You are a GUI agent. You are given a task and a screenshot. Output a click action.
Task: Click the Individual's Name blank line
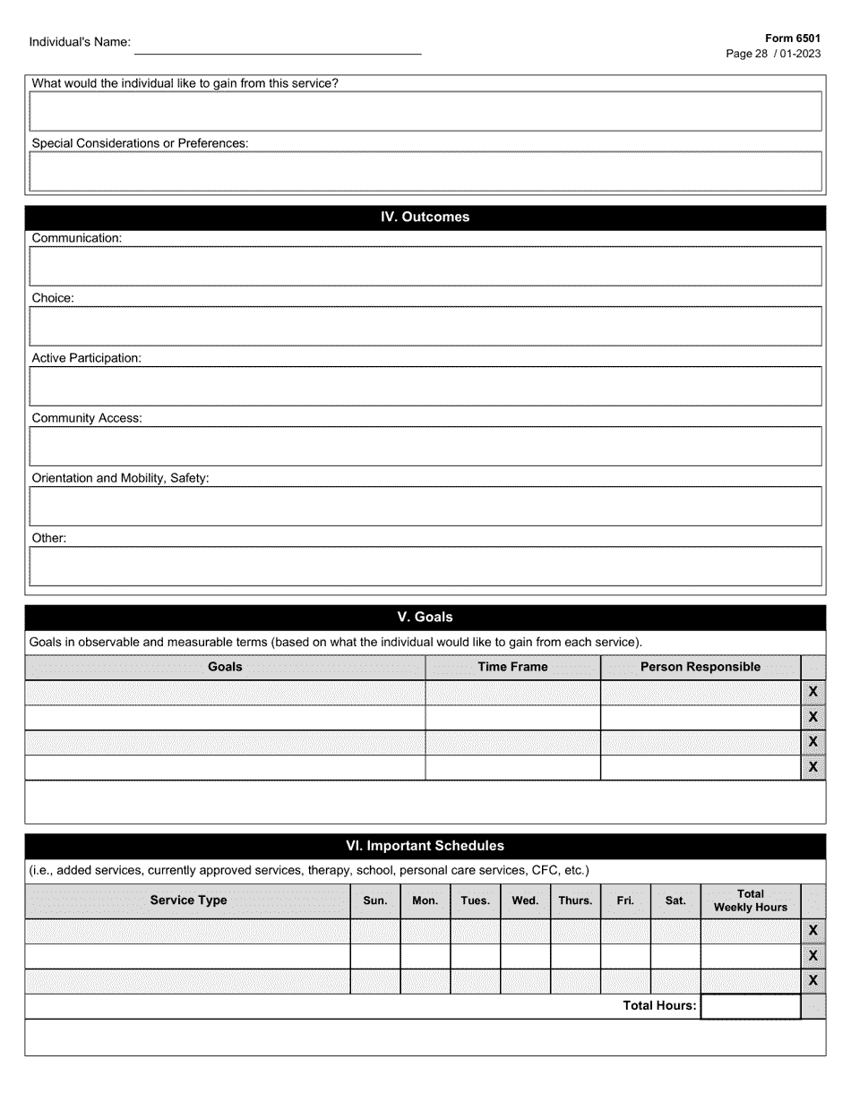[278, 47]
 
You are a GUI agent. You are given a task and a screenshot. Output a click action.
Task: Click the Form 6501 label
[793, 39]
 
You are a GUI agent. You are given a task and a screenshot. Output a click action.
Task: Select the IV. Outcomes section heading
[425, 218]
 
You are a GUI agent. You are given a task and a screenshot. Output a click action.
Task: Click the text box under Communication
[425, 266]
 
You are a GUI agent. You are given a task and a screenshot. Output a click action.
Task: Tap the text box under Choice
[425, 326]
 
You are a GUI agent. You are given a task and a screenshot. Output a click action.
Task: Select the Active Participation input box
[425, 386]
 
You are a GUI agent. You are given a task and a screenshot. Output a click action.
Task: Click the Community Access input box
[425, 446]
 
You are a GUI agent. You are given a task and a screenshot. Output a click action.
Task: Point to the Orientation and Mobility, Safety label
[120, 478]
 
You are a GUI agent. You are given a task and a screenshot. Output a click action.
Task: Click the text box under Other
[425, 566]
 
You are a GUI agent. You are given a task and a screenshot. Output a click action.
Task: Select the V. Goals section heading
[425, 618]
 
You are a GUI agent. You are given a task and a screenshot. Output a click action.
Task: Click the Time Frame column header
[512, 667]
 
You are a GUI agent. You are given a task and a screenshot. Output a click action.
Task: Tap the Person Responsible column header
[700, 667]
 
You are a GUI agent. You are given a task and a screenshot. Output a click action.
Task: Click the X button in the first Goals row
[812, 693]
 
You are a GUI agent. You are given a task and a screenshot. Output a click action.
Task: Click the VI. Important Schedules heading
[425, 846]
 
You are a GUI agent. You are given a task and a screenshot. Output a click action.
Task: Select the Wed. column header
[525, 900]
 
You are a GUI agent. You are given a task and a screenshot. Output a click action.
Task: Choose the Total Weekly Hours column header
[750, 900]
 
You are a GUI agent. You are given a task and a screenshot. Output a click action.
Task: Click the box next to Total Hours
[750, 1006]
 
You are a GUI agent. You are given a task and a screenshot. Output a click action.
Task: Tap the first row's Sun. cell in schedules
[374, 931]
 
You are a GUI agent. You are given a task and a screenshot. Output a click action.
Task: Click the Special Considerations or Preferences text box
[425, 171]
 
